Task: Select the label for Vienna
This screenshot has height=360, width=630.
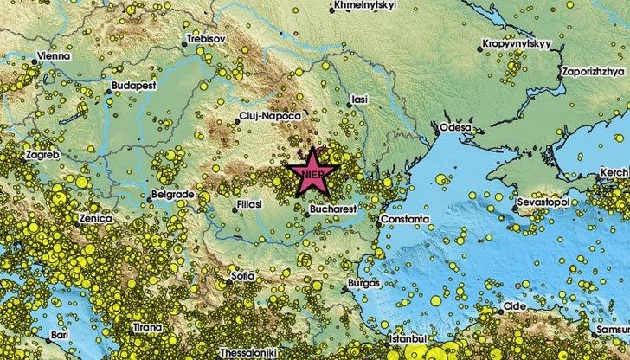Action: pyautogui.click(x=55, y=56)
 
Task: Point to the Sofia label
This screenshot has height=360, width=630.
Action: pyautogui.click(x=243, y=276)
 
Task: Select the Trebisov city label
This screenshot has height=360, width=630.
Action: pyautogui.click(x=208, y=40)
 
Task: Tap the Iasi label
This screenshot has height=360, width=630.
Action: pyautogui.click(x=359, y=100)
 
